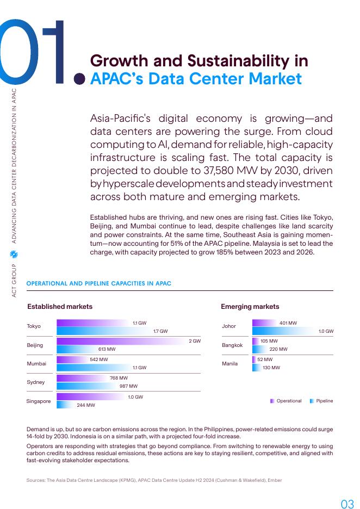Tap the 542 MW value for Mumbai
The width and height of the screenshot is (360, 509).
[98, 359]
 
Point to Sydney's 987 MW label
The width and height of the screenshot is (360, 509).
[128, 386]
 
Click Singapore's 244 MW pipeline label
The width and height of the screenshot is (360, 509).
[85, 405]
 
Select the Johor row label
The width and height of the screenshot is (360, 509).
[229, 326]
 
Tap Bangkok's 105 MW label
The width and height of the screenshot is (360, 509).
[269, 341]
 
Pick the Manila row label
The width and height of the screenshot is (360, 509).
[229, 363]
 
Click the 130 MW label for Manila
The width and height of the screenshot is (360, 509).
[271, 368]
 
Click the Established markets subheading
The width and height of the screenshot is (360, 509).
[60, 306]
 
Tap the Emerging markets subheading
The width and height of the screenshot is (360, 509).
[250, 306]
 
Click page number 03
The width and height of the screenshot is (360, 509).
[346, 504]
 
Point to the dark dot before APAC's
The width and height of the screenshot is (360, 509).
[79, 79]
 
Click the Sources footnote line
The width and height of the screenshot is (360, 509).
[154, 480]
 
